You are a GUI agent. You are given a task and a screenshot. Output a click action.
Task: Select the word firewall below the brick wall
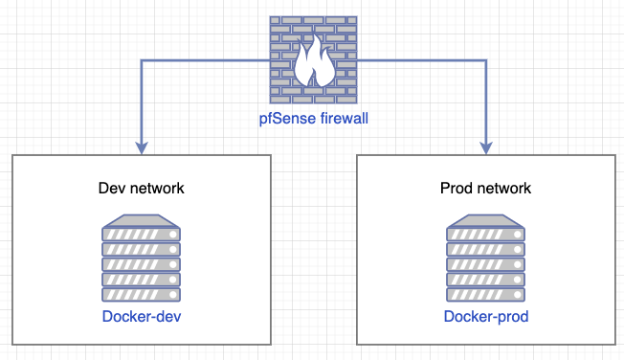[x=340, y=120]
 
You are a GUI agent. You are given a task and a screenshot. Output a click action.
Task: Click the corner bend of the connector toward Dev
[x=143, y=60]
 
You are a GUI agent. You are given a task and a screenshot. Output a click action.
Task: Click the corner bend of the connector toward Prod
[x=485, y=60]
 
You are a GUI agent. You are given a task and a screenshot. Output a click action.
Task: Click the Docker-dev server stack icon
[x=141, y=259]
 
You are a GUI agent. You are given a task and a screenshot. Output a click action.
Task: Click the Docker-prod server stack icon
[x=485, y=259]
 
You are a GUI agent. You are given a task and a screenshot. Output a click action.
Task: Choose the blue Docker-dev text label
[x=141, y=317]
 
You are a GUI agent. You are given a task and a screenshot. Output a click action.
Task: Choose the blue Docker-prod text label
[x=485, y=317]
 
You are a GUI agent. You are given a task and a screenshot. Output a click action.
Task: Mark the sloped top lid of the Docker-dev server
[x=141, y=221]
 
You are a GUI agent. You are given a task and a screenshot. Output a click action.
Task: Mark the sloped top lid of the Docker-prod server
[x=485, y=221]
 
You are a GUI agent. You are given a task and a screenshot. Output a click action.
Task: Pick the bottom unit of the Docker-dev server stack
[x=141, y=294]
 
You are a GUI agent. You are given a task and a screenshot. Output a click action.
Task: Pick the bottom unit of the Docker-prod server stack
[x=485, y=294]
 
